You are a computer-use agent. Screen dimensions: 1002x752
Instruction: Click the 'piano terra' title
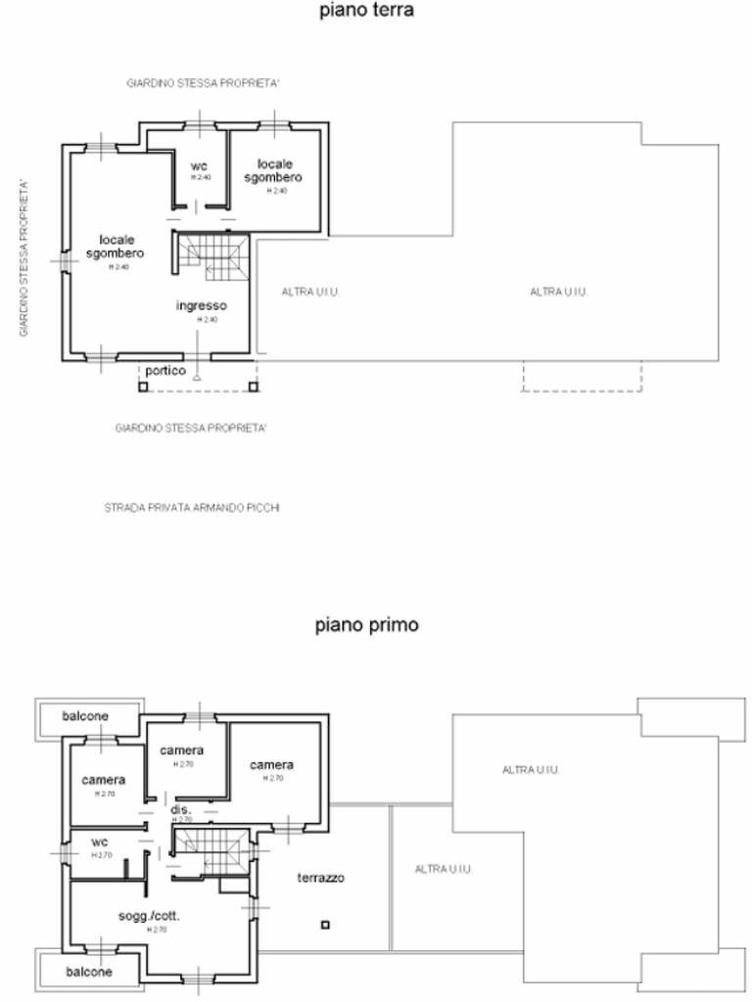367,11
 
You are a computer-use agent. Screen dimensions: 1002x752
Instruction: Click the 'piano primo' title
367,624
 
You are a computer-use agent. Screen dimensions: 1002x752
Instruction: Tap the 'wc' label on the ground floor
200,165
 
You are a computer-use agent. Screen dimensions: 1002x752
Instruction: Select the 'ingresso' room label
202,305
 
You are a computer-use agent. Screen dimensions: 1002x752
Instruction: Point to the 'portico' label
165,371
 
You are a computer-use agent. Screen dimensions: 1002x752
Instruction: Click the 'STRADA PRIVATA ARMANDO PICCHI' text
192,508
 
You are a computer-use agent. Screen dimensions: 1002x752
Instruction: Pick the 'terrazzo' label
320,878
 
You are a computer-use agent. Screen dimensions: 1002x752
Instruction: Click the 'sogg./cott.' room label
150,916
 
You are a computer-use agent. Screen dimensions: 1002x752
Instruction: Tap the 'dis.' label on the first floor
180,810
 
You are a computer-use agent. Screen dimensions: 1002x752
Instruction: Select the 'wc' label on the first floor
100,842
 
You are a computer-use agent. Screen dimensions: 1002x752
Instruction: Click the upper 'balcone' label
86,716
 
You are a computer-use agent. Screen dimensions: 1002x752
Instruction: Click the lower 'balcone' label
89,972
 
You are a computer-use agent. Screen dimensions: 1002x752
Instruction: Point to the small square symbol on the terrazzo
325,925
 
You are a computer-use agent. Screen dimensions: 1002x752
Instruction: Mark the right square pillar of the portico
253,387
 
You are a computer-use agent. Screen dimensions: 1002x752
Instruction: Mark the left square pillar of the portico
143,387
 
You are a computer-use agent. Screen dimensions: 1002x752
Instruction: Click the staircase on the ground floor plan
212,256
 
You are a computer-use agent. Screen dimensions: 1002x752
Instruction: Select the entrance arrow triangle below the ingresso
198,377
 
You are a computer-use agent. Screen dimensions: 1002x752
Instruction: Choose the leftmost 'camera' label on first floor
104,780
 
